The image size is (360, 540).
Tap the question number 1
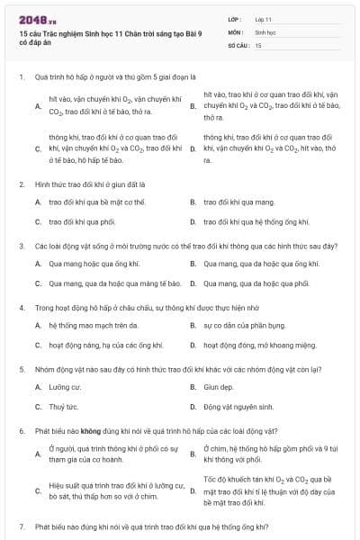click(x=21, y=77)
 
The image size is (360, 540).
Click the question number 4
click(x=21, y=307)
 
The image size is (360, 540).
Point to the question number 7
click(x=21, y=526)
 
